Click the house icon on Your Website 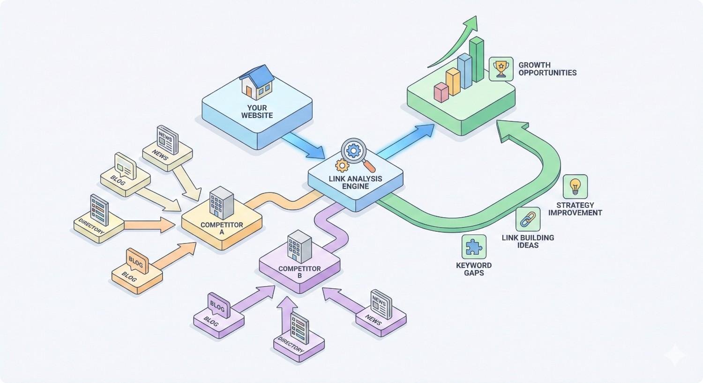coord(256,82)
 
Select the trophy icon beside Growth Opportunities coord(501,69)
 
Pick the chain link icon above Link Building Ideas coord(528,219)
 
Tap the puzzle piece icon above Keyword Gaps coord(474,247)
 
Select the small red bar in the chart coord(441,92)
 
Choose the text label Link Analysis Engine coord(355,183)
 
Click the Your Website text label coord(257,111)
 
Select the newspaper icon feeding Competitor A coord(167,140)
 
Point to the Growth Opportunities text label coord(547,69)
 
